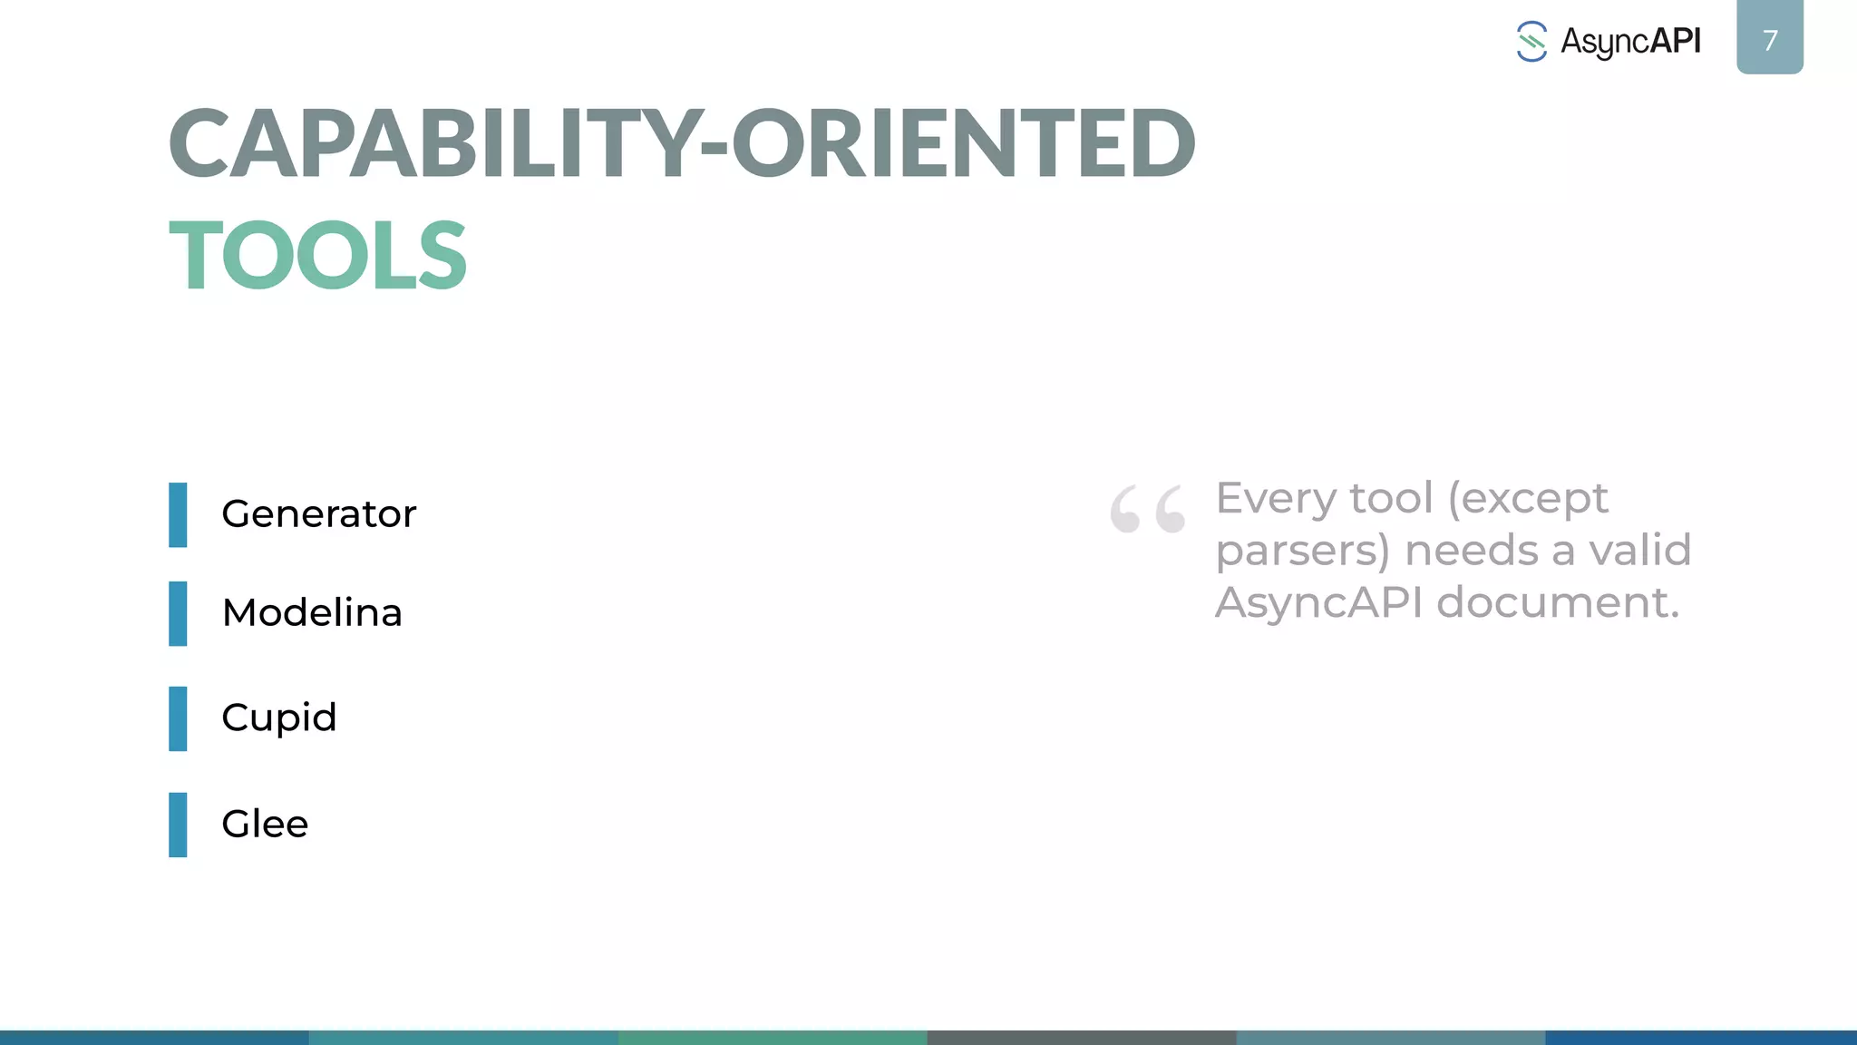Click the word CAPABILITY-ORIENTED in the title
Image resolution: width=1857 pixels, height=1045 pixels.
tap(682, 143)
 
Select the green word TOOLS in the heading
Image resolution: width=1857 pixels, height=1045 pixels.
tap(317, 256)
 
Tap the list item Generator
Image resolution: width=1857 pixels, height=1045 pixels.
tap(318, 514)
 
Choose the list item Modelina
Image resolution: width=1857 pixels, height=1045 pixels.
tap(312, 613)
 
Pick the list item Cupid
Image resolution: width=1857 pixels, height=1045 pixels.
tap(279, 718)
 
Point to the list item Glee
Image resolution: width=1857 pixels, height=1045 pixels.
tap(265, 825)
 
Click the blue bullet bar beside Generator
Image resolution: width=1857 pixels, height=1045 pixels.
tap(178, 515)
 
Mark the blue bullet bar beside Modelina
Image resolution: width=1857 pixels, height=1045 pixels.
tap(178, 614)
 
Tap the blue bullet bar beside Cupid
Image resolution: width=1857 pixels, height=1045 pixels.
tap(178, 719)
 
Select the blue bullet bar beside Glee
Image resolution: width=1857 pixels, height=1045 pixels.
tap(178, 825)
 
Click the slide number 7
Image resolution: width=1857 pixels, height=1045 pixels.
tap(1770, 40)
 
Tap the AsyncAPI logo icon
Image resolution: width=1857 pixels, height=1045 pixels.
tap(1531, 42)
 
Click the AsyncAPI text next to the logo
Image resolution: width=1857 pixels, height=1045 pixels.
tap(1630, 42)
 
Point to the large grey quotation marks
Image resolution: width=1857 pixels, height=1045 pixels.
tap(1147, 509)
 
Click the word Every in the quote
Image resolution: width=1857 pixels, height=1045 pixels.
tap(1275, 498)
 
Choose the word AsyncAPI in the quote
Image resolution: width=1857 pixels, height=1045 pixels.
tap(1318, 602)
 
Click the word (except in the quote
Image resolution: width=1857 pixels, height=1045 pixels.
tap(1528, 499)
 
